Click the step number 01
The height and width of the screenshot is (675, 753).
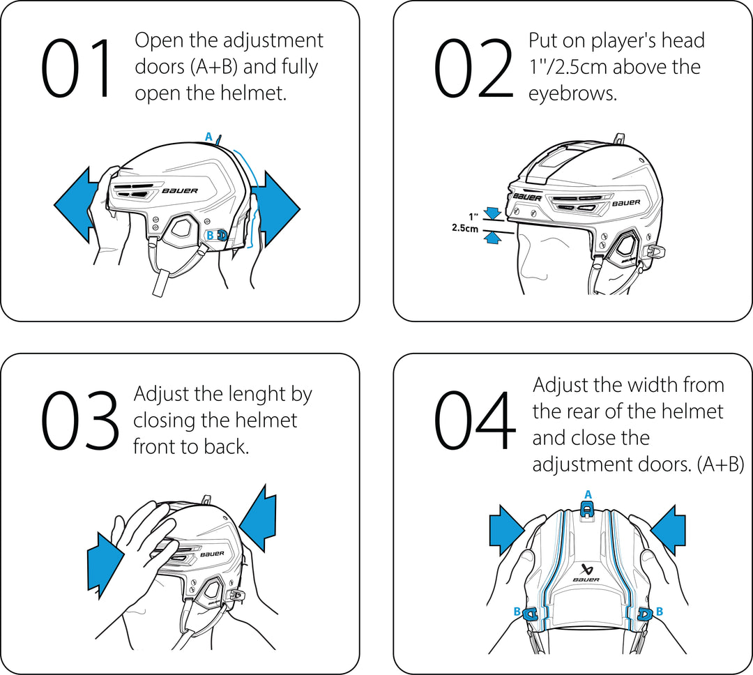click(77, 68)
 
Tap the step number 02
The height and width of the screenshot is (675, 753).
click(474, 68)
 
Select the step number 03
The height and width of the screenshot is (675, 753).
click(79, 420)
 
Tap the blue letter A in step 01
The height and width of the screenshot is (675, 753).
click(208, 137)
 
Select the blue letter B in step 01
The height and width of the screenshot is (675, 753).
click(210, 236)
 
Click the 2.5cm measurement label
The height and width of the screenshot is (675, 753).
click(465, 228)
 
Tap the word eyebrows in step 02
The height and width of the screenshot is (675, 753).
click(572, 94)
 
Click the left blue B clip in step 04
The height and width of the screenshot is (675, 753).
click(530, 614)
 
